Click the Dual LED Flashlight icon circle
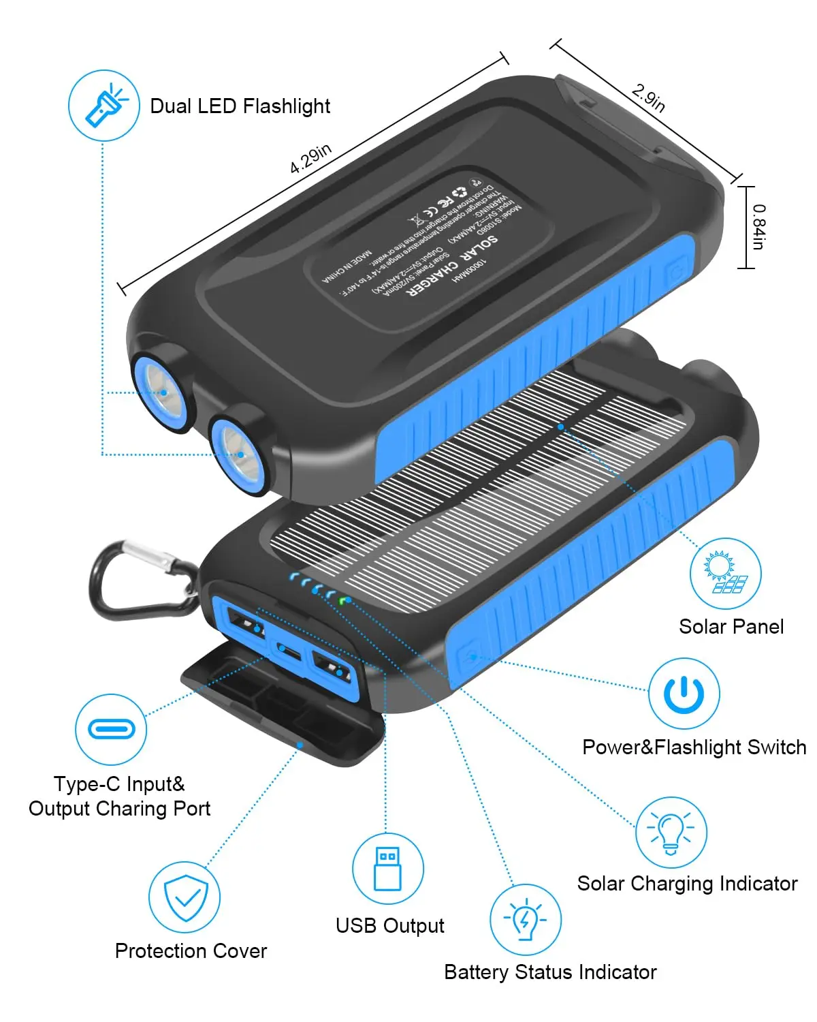[x=104, y=106]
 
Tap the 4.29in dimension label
[x=310, y=159]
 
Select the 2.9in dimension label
[x=648, y=97]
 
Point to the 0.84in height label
[x=758, y=227]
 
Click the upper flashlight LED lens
[x=163, y=391]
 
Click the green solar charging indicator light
[x=345, y=600]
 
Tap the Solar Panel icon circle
[x=725, y=573]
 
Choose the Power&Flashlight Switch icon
[x=684, y=694]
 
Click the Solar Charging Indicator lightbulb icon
[x=671, y=832]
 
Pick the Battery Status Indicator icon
[x=525, y=920]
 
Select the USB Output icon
[x=387, y=869]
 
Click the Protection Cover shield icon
[x=185, y=897]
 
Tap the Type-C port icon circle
[x=110, y=729]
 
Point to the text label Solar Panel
[x=731, y=627]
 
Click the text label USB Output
[x=389, y=925]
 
